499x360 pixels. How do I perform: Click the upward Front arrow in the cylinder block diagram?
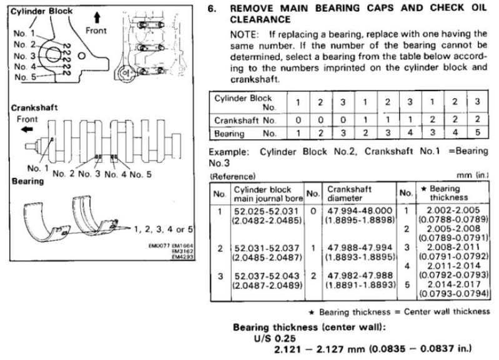(x=97, y=17)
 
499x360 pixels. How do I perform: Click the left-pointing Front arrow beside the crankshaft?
(x=27, y=129)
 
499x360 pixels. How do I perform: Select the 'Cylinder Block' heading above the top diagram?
(x=41, y=11)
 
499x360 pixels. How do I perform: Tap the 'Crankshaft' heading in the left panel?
(x=34, y=108)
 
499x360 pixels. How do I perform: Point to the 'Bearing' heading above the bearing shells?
(x=27, y=182)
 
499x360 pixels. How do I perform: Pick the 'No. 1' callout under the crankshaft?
(x=38, y=168)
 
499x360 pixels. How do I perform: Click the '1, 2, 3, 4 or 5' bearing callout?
(x=163, y=229)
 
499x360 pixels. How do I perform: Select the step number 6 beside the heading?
(x=212, y=8)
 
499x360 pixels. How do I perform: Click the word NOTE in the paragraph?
(x=245, y=34)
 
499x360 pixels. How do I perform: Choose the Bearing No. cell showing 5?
(x=477, y=132)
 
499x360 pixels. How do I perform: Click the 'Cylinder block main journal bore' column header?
(x=268, y=194)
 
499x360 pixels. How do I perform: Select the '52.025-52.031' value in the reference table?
(x=267, y=212)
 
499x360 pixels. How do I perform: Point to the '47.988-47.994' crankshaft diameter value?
(x=360, y=248)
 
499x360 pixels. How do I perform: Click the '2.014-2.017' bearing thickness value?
(x=453, y=284)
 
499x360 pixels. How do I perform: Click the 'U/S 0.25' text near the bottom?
(x=275, y=338)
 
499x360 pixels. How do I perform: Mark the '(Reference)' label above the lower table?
(x=232, y=177)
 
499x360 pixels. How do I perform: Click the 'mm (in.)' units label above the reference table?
(x=472, y=175)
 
